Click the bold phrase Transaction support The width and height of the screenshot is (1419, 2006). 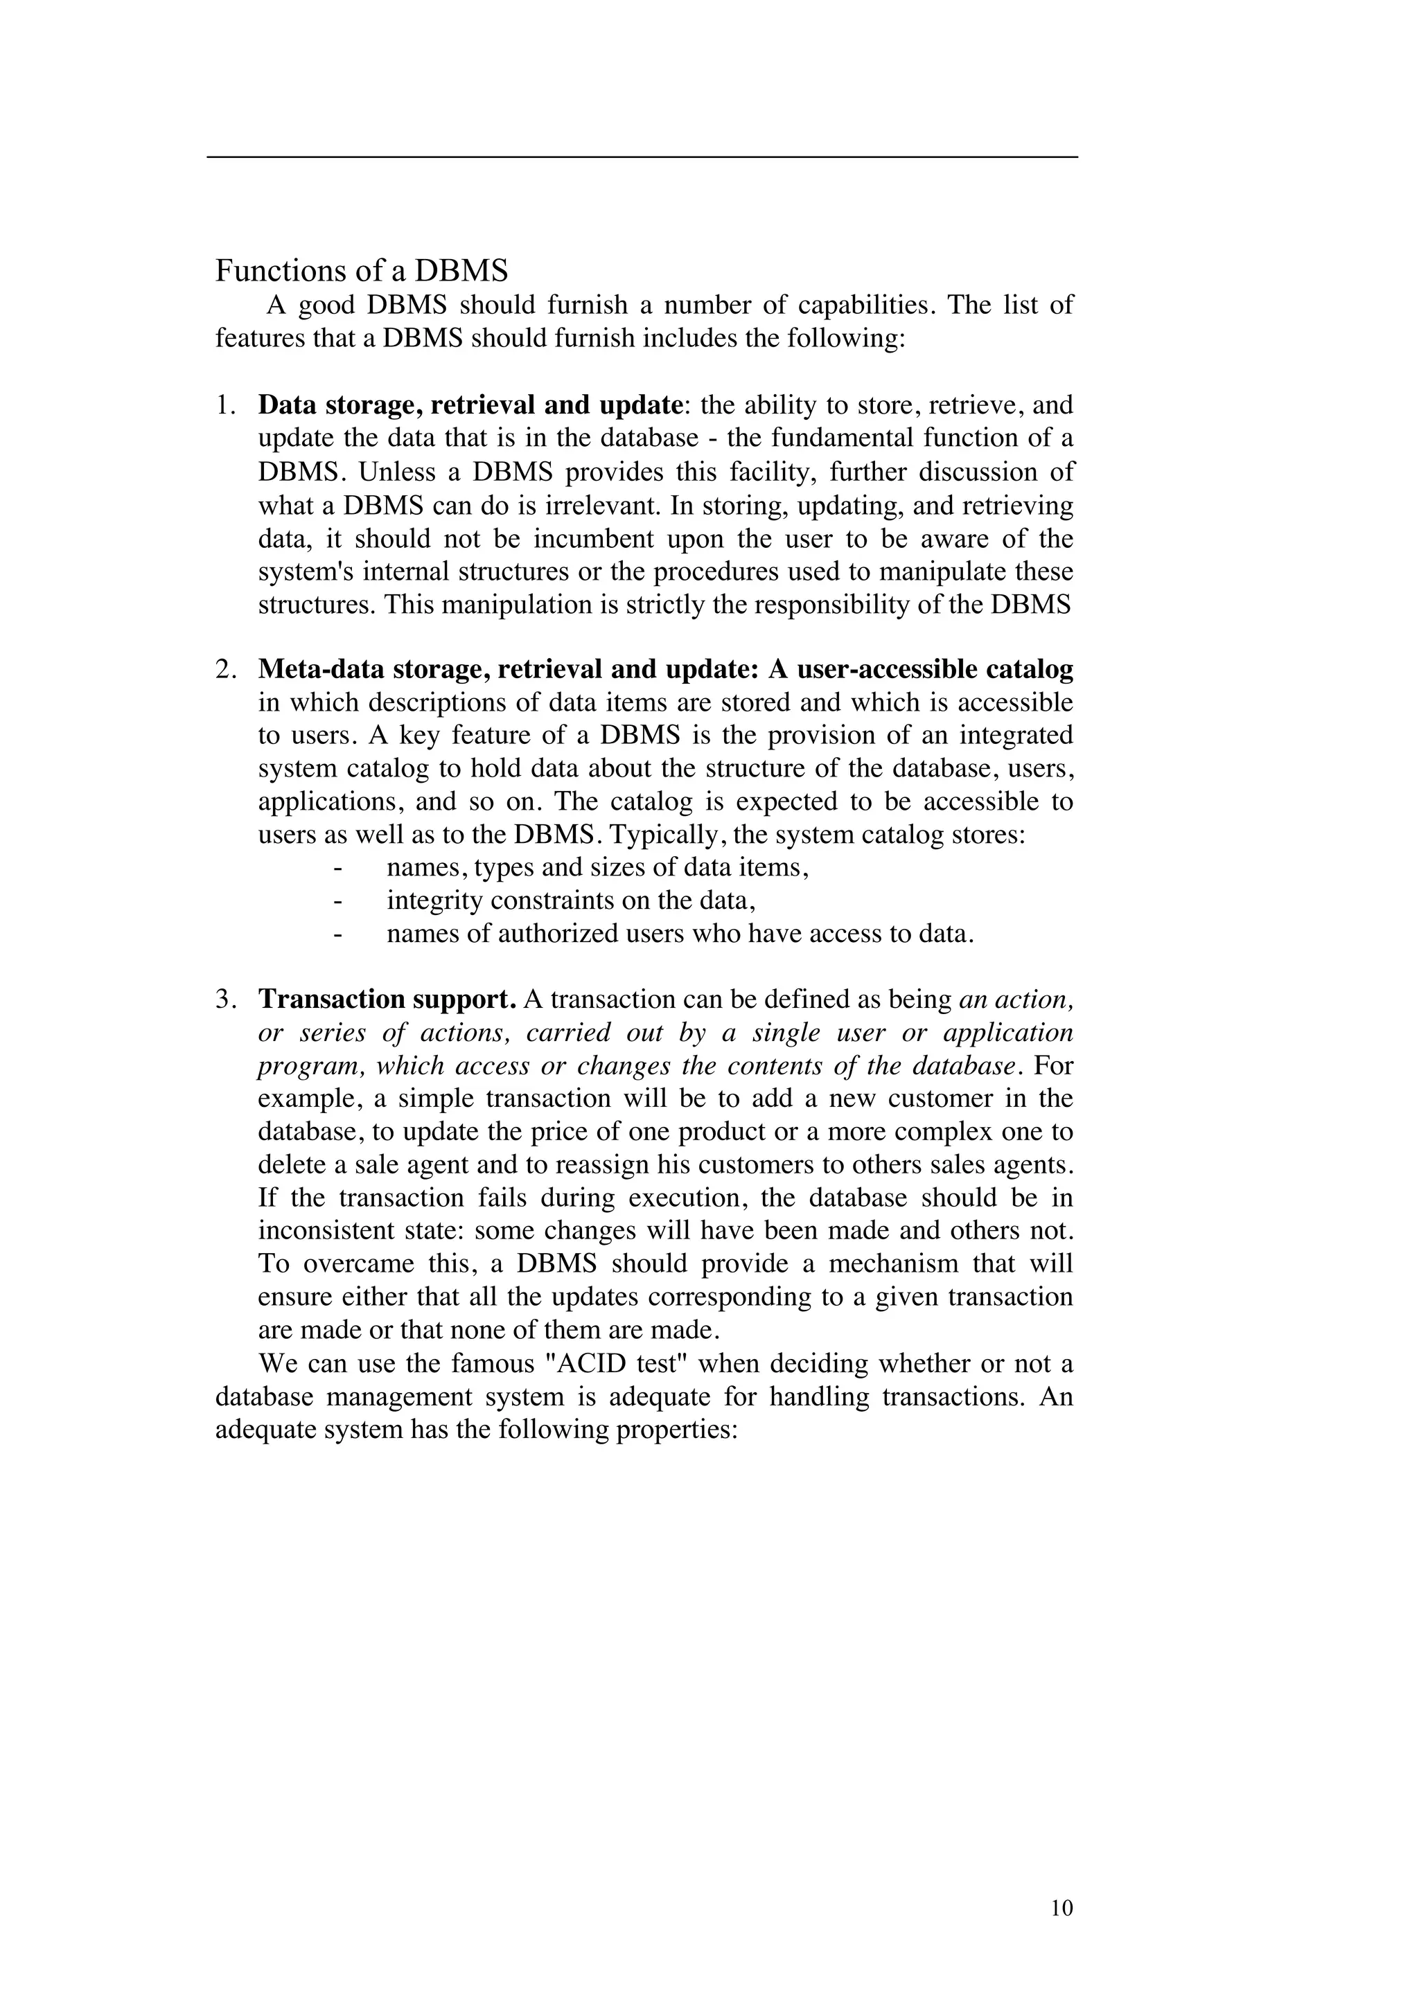click(387, 1000)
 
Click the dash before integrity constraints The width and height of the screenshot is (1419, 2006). click(337, 900)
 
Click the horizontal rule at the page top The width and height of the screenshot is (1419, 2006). click(642, 157)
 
